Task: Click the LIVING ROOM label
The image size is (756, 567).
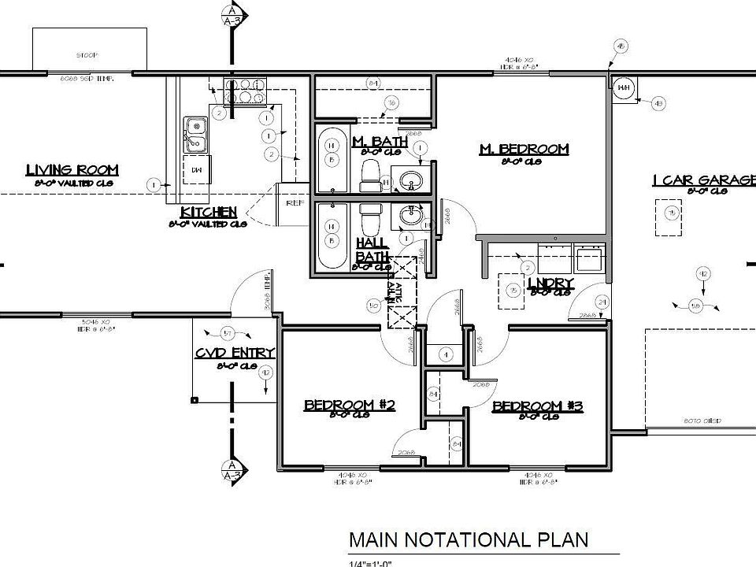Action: coord(72,170)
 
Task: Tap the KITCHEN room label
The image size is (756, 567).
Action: coord(209,213)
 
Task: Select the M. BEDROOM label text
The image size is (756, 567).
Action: coord(524,149)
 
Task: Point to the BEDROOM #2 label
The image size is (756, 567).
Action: coord(349,405)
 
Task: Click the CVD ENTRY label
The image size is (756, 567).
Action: coord(235,353)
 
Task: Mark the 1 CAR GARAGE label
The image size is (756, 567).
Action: coord(703,181)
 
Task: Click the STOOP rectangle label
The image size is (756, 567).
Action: coord(87,56)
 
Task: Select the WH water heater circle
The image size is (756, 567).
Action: coord(624,87)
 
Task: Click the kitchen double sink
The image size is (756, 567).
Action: coord(195,134)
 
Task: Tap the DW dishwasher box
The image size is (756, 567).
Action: coord(197,169)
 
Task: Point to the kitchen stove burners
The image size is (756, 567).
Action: coord(246,92)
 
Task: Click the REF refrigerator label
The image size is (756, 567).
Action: coord(295,202)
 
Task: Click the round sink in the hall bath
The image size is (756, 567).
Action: coord(410,215)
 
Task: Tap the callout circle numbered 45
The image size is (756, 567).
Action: coord(621,48)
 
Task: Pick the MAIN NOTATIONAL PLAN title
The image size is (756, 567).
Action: coord(469,539)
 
